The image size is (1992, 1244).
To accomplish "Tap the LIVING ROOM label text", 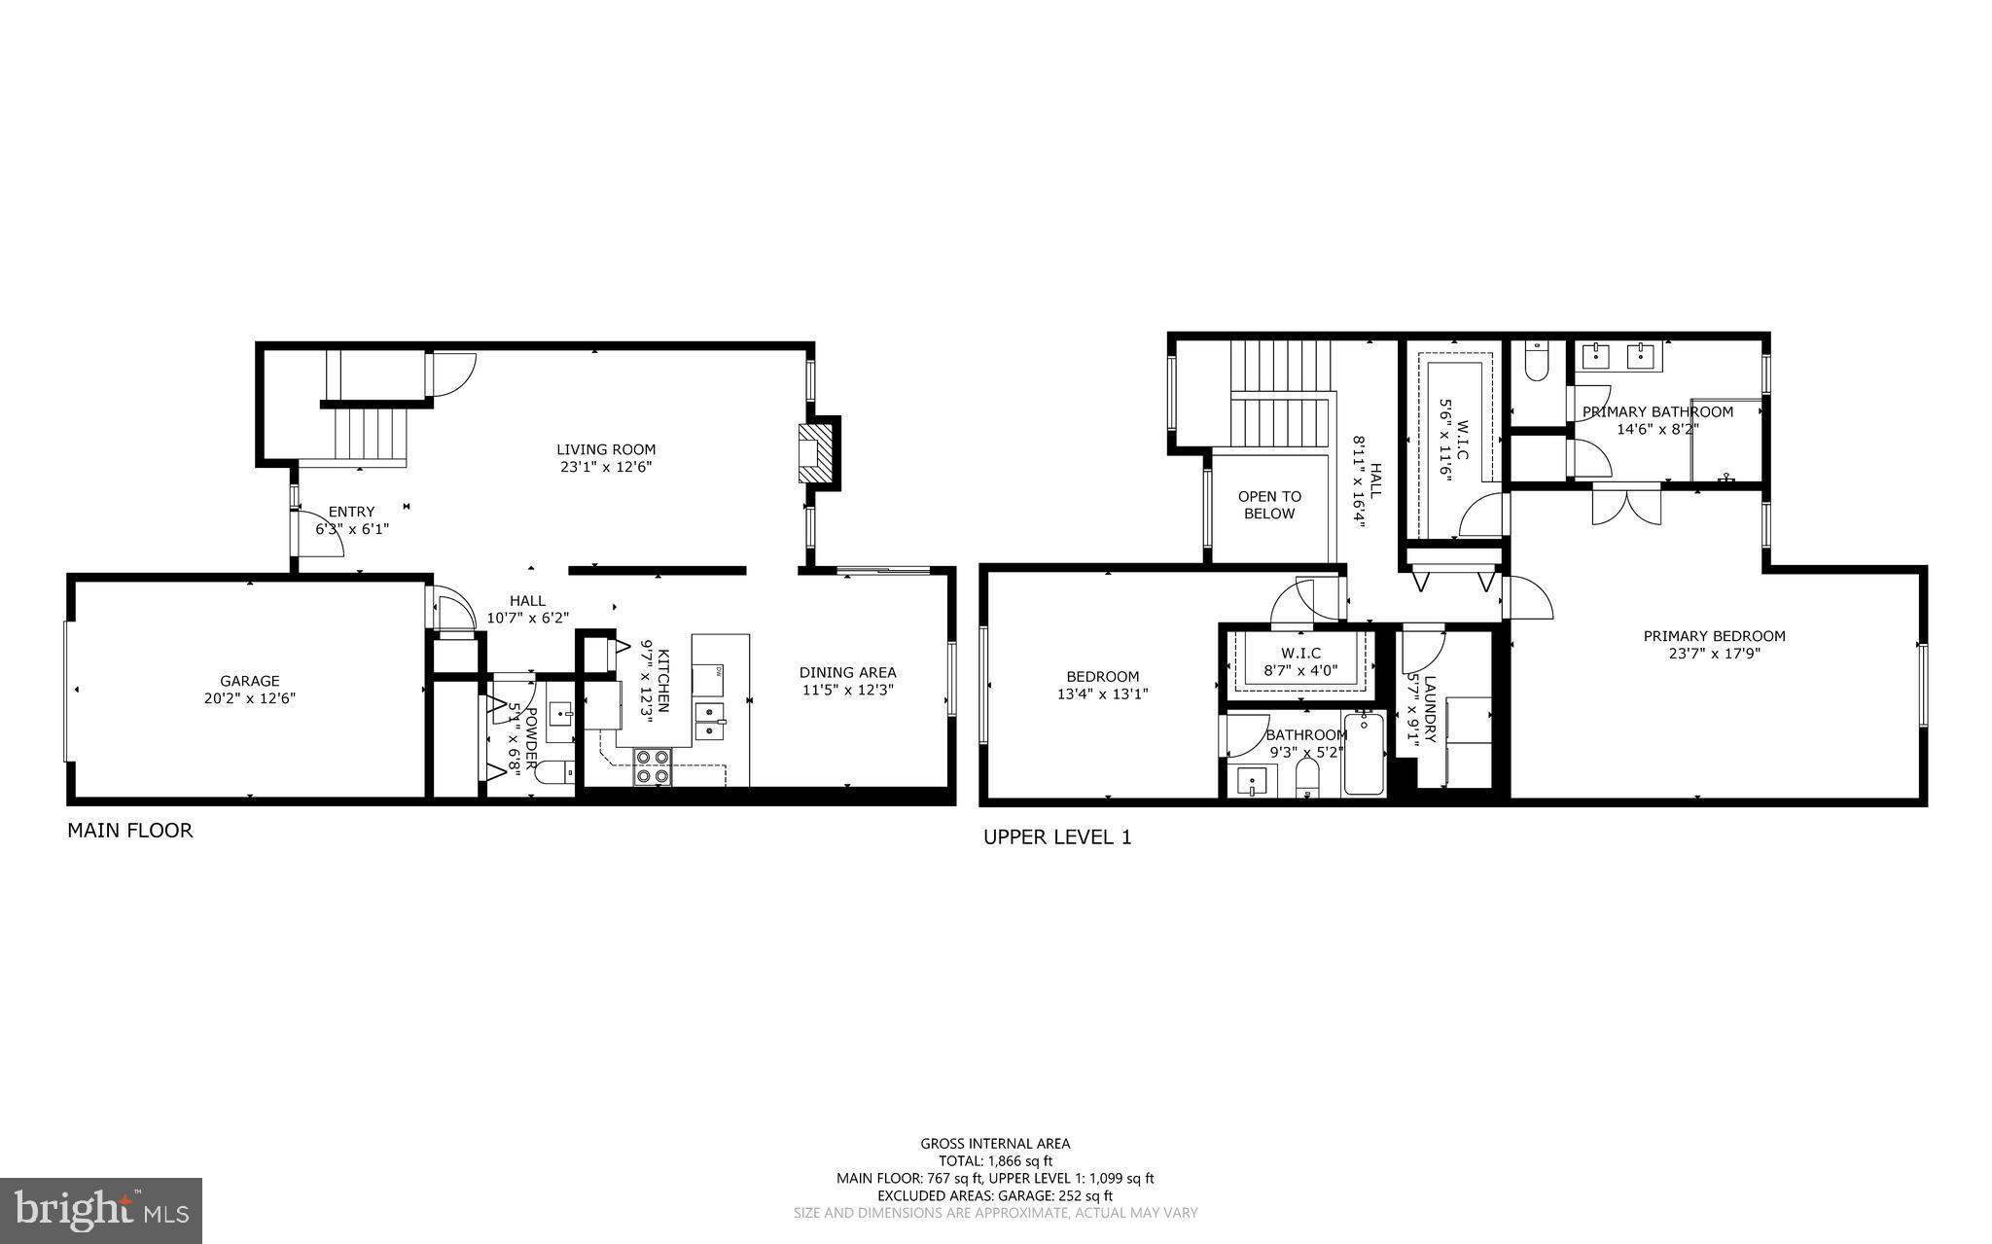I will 605,450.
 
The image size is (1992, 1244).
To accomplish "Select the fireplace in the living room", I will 817,451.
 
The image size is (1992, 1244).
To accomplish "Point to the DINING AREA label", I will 847,672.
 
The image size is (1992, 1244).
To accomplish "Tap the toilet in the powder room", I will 556,774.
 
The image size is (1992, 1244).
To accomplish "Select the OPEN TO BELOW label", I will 1269,505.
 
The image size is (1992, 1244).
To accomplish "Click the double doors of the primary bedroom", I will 1626,504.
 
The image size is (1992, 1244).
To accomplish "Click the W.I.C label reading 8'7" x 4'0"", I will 1300,661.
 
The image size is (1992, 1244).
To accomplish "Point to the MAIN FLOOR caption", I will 129,831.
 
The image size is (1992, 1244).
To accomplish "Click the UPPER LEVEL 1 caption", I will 1057,836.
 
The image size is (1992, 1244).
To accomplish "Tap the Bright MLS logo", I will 101,1210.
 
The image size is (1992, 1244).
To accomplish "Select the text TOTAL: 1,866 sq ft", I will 995,1160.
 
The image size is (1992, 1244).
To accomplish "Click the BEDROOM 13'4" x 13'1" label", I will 1102,686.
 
